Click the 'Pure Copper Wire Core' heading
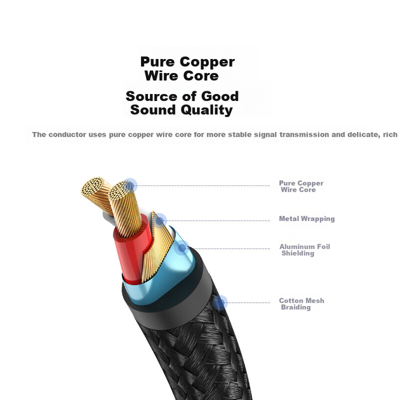click(x=187, y=69)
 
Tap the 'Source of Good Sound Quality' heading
click(x=182, y=103)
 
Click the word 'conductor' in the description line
click(x=67, y=135)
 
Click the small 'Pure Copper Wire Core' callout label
click(x=301, y=187)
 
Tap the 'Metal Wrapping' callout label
click(x=307, y=218)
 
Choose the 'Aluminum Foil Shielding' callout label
click(x=305, y=250)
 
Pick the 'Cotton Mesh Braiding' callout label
click(x=302, y=304)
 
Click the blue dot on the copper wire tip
click(x=130, y=185)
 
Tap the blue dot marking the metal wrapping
click(x=159, y=220)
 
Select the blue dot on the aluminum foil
click(x=182, y=248)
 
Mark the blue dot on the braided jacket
click(x=220, y=303)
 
